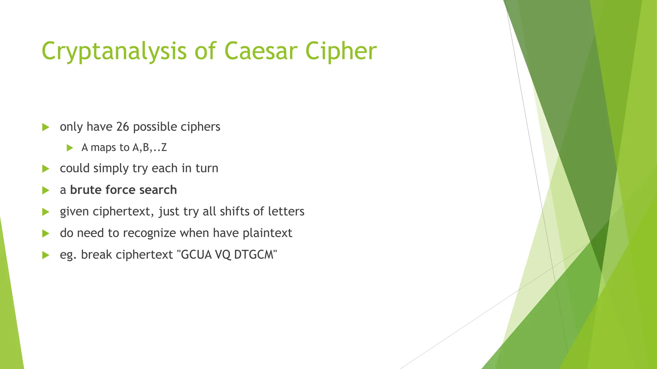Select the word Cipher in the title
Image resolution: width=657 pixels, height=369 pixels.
[x=341, y=51]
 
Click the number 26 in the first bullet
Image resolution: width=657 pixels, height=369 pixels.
[x=123, y=127]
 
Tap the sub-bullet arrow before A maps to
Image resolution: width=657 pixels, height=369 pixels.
[x=70, y=148]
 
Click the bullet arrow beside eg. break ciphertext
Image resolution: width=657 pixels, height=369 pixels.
[x=46, y=255]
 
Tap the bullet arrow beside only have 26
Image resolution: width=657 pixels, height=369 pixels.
[x=46, y=127]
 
